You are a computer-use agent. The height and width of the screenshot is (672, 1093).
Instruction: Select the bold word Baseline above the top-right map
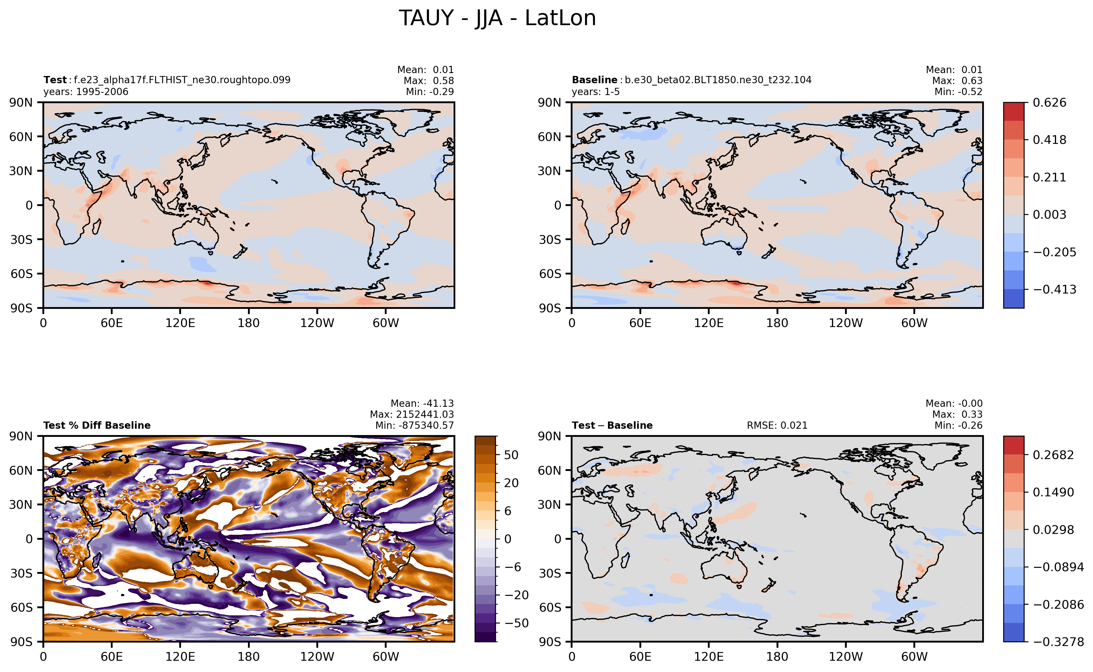[594, 80]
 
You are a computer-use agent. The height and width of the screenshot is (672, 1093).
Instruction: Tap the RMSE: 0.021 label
[777, 425]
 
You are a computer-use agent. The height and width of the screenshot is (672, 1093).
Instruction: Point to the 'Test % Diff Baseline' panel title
[97, 425]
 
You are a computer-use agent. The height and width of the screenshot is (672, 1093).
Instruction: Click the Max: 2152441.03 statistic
[412, 414]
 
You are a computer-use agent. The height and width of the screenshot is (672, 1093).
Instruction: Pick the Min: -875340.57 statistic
[414, 425]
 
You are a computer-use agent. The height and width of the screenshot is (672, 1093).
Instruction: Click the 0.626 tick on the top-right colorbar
[1049, 103]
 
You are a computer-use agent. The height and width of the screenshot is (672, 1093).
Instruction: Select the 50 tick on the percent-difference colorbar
[511, 455]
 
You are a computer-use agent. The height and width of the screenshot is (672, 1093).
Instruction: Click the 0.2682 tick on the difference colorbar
[1053, 455]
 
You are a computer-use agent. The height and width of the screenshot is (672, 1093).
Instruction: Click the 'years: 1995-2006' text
[86, 92]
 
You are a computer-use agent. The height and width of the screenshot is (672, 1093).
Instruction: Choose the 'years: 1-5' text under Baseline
[596, 92]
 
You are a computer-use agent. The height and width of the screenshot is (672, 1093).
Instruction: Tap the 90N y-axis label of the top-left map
[21, 103]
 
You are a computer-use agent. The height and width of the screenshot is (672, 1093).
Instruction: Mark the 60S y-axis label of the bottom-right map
[550, 608]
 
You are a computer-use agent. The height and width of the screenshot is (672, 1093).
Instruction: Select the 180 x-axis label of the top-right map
[777, 323]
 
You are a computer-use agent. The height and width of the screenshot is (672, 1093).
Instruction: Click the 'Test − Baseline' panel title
[612, 425]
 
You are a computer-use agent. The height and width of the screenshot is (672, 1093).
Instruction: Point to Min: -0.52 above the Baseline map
[958, 92]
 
